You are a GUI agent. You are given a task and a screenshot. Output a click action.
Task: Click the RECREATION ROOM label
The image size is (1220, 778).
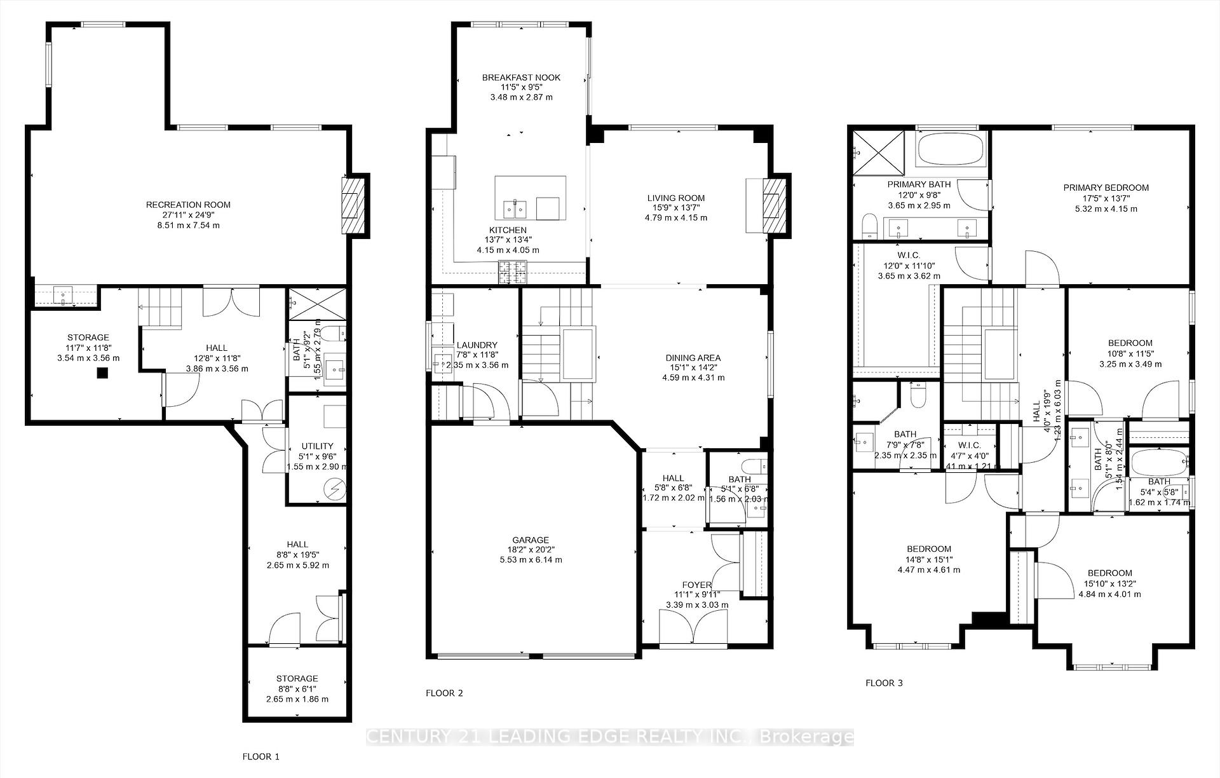[188, 205]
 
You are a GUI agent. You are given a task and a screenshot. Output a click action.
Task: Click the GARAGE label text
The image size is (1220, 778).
[532, 540]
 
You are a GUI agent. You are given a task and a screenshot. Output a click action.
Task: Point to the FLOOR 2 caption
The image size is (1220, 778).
[444, 693]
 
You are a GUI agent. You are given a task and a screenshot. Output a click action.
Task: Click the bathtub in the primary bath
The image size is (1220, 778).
[951, 149]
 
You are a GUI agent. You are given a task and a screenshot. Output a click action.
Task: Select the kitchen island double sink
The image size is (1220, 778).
[513, 208]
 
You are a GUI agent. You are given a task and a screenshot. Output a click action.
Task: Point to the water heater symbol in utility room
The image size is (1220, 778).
[334, 488]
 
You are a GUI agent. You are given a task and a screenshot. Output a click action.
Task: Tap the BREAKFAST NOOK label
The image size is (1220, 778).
[521, 78]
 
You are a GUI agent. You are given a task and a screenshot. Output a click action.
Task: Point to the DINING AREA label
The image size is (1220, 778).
[693, 358]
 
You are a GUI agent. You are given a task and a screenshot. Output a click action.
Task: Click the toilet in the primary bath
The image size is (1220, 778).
[869, 226]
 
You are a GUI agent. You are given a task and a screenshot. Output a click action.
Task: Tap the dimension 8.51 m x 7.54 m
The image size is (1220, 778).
[188, 225]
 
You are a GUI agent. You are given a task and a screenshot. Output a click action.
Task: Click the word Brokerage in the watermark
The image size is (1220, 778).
[807, 737]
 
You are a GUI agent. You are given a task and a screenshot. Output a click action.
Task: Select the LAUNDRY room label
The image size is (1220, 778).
[477, 345]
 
